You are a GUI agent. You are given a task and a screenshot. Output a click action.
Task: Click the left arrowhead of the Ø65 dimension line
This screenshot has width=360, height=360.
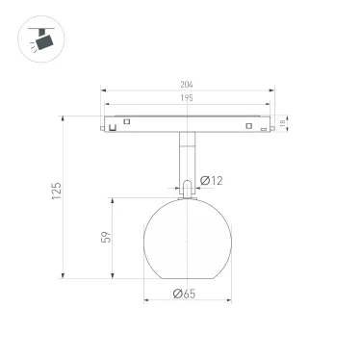point(147,301)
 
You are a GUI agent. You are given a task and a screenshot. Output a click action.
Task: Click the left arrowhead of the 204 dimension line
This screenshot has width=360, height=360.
point(102,91)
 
